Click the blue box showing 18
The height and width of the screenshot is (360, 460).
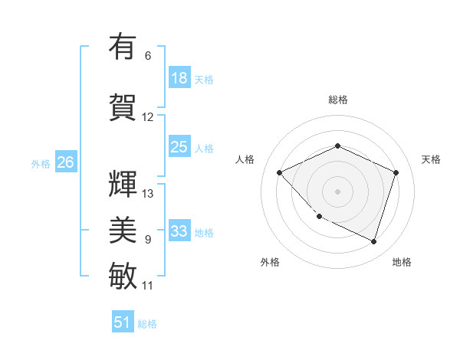pos(179,78)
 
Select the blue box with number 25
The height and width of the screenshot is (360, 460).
pos(179,147)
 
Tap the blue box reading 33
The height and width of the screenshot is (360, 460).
pos(179,231)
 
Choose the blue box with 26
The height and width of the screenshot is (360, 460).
pos(65,162)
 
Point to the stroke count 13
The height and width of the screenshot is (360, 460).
pos(148,193)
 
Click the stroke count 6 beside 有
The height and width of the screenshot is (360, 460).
pos(148,56)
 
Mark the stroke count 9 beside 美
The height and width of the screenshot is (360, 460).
pos(148,240)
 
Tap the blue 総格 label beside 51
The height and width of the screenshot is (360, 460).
pos(147,324)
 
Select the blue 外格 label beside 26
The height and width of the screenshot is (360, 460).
pos(41,163)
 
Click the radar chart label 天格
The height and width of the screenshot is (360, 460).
pos(431,159)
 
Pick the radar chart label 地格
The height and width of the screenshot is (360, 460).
pos(402,262)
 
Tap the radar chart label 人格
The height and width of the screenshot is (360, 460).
pos(245,159)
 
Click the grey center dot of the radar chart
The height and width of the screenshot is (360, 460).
pos(337,191)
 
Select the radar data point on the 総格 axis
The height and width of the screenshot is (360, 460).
pos(337,146)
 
